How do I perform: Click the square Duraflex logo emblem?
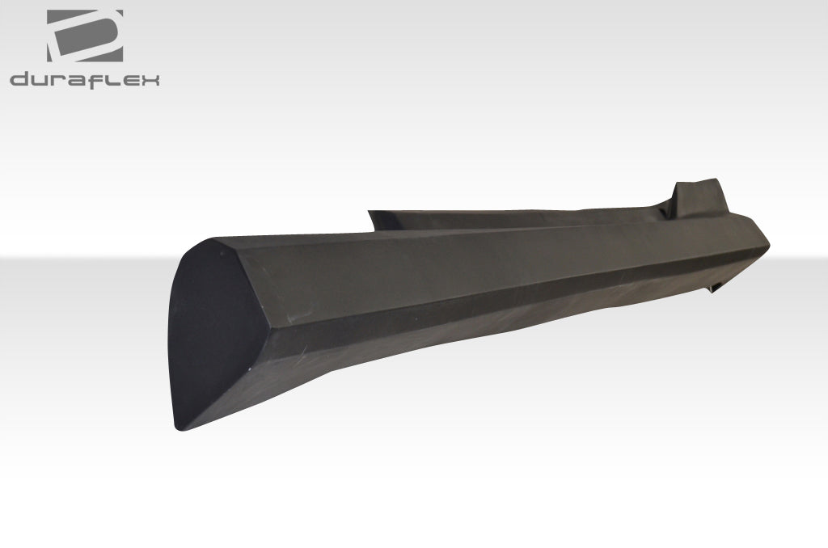pyautogui.click(x=85, y=36)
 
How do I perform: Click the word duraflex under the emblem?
pyautogui.click(x=85, y=79)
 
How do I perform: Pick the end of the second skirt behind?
pyautogui.click(x=380, y=217)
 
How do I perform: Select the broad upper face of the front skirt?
pyautogui.click(x=485, y=259)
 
